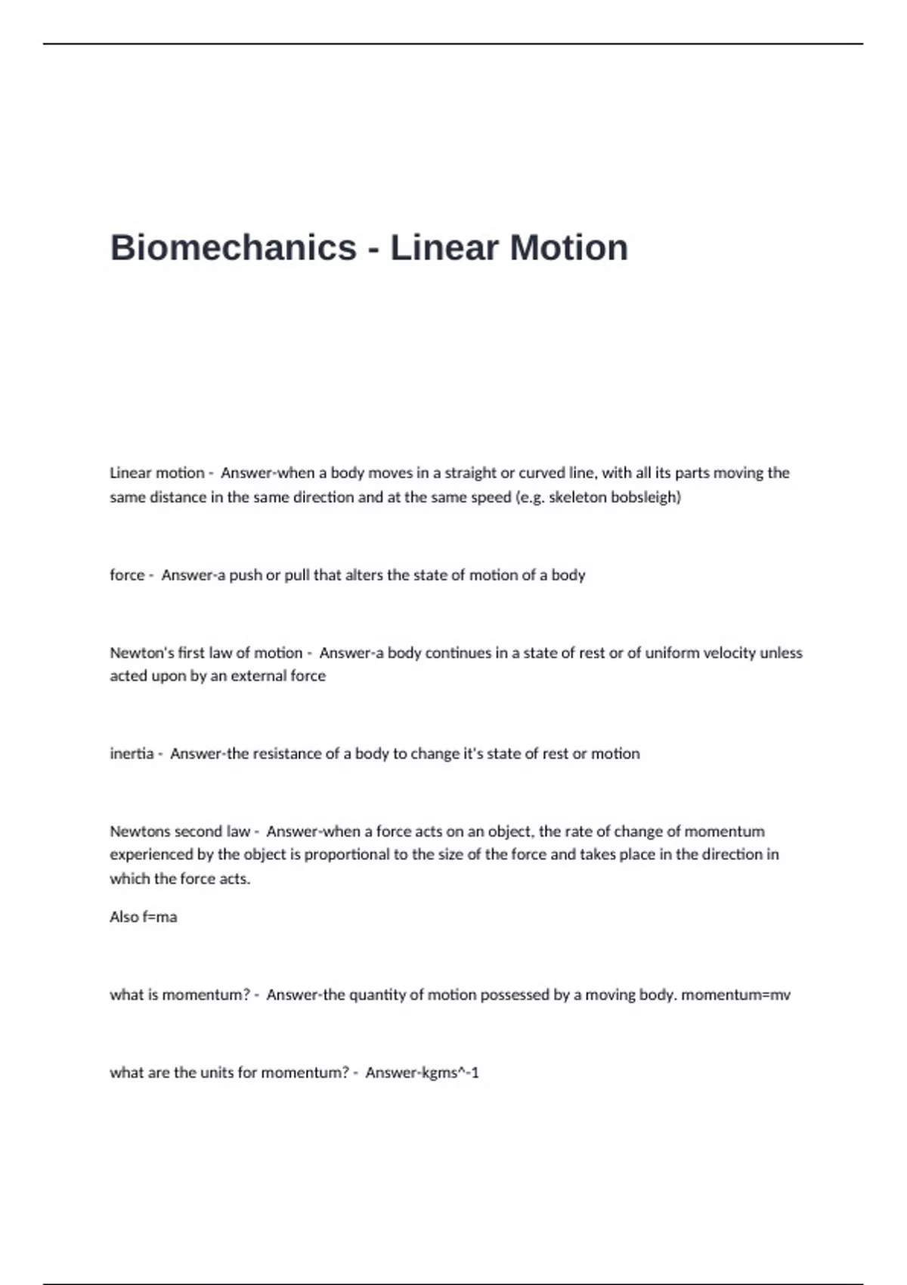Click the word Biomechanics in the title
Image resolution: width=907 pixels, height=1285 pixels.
pyautogui.click(x=233, y=248)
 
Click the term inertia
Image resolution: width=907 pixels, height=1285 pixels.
pyautogui.click(x=132, y=754)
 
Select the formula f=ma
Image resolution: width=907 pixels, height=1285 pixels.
pyautogui.click(x=159, y=917)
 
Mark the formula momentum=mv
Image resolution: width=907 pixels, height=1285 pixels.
pyautogui.click(x=735, y=995)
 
